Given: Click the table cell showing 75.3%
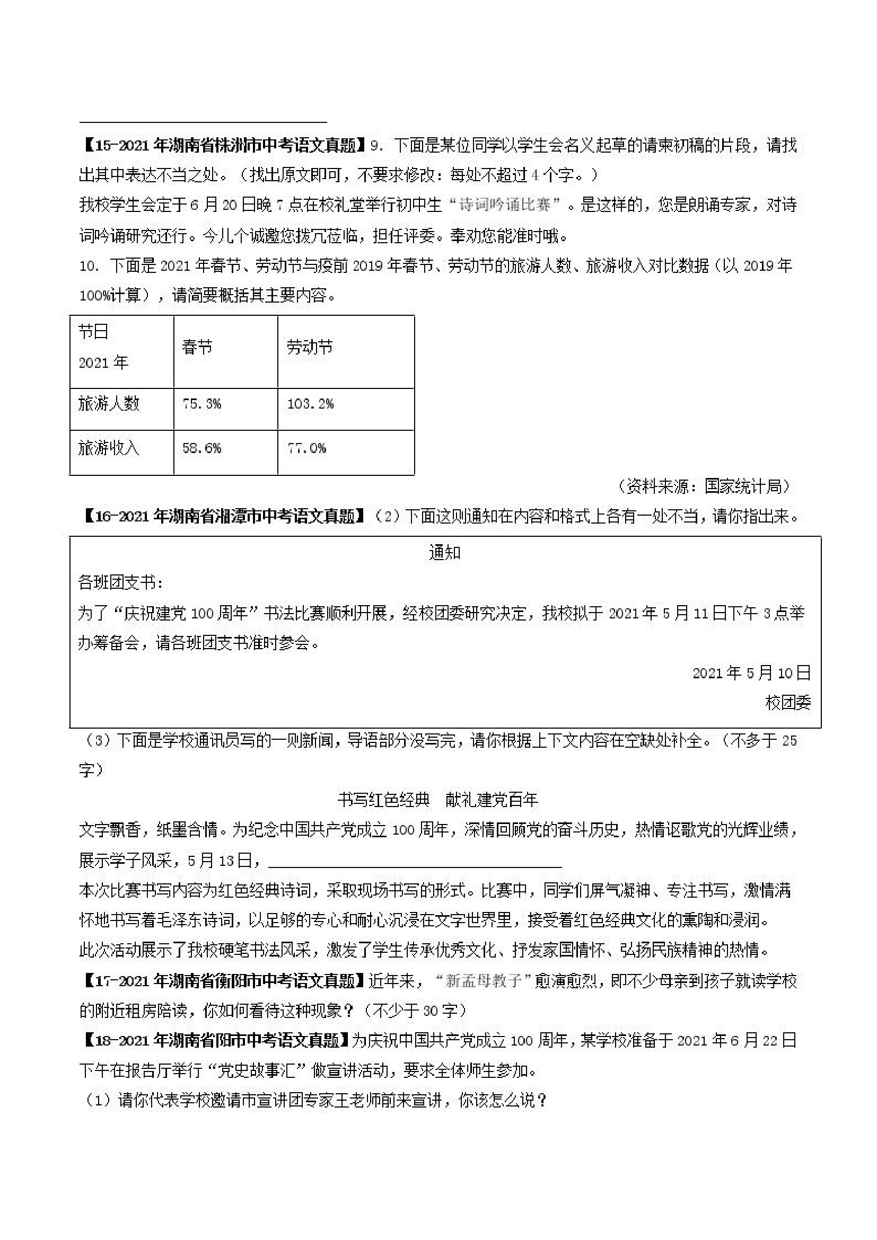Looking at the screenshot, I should (x=201, y=404).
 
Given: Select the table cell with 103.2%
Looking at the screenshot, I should (x=310, y=404).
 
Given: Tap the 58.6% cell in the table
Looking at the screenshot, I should (x=201, y=448).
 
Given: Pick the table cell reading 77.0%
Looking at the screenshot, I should (x=306, y=448).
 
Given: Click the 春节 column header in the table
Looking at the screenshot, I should (x=197, y=347).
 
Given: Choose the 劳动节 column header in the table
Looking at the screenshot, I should (x=310, y=347).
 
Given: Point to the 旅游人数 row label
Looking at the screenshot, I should (x=109, y=404).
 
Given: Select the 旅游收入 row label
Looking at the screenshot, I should (x=109, y=448).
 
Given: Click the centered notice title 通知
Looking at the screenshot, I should (x=444, y=553).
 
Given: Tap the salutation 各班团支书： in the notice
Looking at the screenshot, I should (x=120, y=583).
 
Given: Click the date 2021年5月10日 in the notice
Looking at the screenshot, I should (x=751, y=673).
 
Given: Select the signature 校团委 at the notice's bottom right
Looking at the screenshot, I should (x=788, y=703).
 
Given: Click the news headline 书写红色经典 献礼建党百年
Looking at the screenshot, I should (x=437, y=800).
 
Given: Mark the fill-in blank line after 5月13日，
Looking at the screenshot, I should (x=415, y=861).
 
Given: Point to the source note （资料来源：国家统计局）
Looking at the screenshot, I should (x=705, y=486).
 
